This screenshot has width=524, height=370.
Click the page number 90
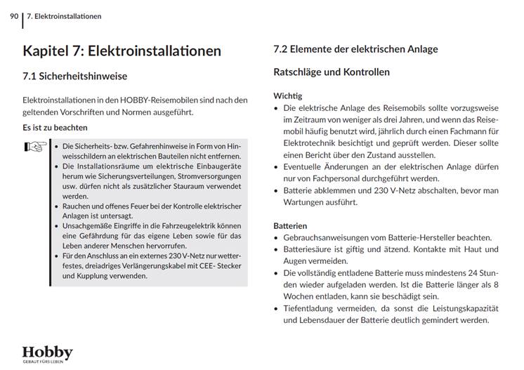(x=14, y=15)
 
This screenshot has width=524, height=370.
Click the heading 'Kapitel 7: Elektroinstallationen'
(x=122, y=51)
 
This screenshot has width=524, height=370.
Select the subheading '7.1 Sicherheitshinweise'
(x=75, y=76)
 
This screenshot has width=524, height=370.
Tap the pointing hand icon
(x=35, y=147)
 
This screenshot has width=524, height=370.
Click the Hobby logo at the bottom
(x=47, y=352)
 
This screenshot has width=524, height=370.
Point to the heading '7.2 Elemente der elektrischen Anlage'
(x=355, y=49)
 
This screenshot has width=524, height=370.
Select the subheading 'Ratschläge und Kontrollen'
(x=331, y=72)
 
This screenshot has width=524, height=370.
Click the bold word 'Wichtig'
(x=287, y=95)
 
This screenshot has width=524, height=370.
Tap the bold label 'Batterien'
(x=290, y=226)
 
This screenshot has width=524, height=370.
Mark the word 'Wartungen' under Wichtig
(x=306, y=202)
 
